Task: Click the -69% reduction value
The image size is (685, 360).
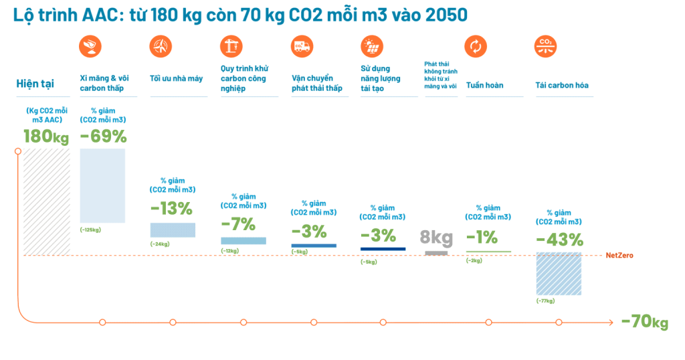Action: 103,136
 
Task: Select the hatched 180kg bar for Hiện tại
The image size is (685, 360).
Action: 47,201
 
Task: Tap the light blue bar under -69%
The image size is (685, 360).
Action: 102,185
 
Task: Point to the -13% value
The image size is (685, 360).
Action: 171,208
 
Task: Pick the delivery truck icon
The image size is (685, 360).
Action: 302,46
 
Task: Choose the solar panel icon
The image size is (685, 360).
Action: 371,46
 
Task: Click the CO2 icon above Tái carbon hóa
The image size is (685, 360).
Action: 545,46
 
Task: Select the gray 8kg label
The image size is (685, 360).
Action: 436,237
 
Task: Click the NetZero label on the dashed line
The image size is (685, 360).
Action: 619,256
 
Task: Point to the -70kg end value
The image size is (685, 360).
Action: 644,322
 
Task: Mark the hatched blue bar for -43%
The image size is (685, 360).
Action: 559,274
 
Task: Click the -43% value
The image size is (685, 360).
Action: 559,240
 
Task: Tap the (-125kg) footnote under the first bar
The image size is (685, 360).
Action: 90,230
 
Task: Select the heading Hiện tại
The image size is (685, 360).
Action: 35,84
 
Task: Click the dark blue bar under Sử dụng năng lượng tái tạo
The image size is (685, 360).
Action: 383,249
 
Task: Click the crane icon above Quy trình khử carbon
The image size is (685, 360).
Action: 231,46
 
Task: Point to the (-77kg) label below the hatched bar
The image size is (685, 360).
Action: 545,301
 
